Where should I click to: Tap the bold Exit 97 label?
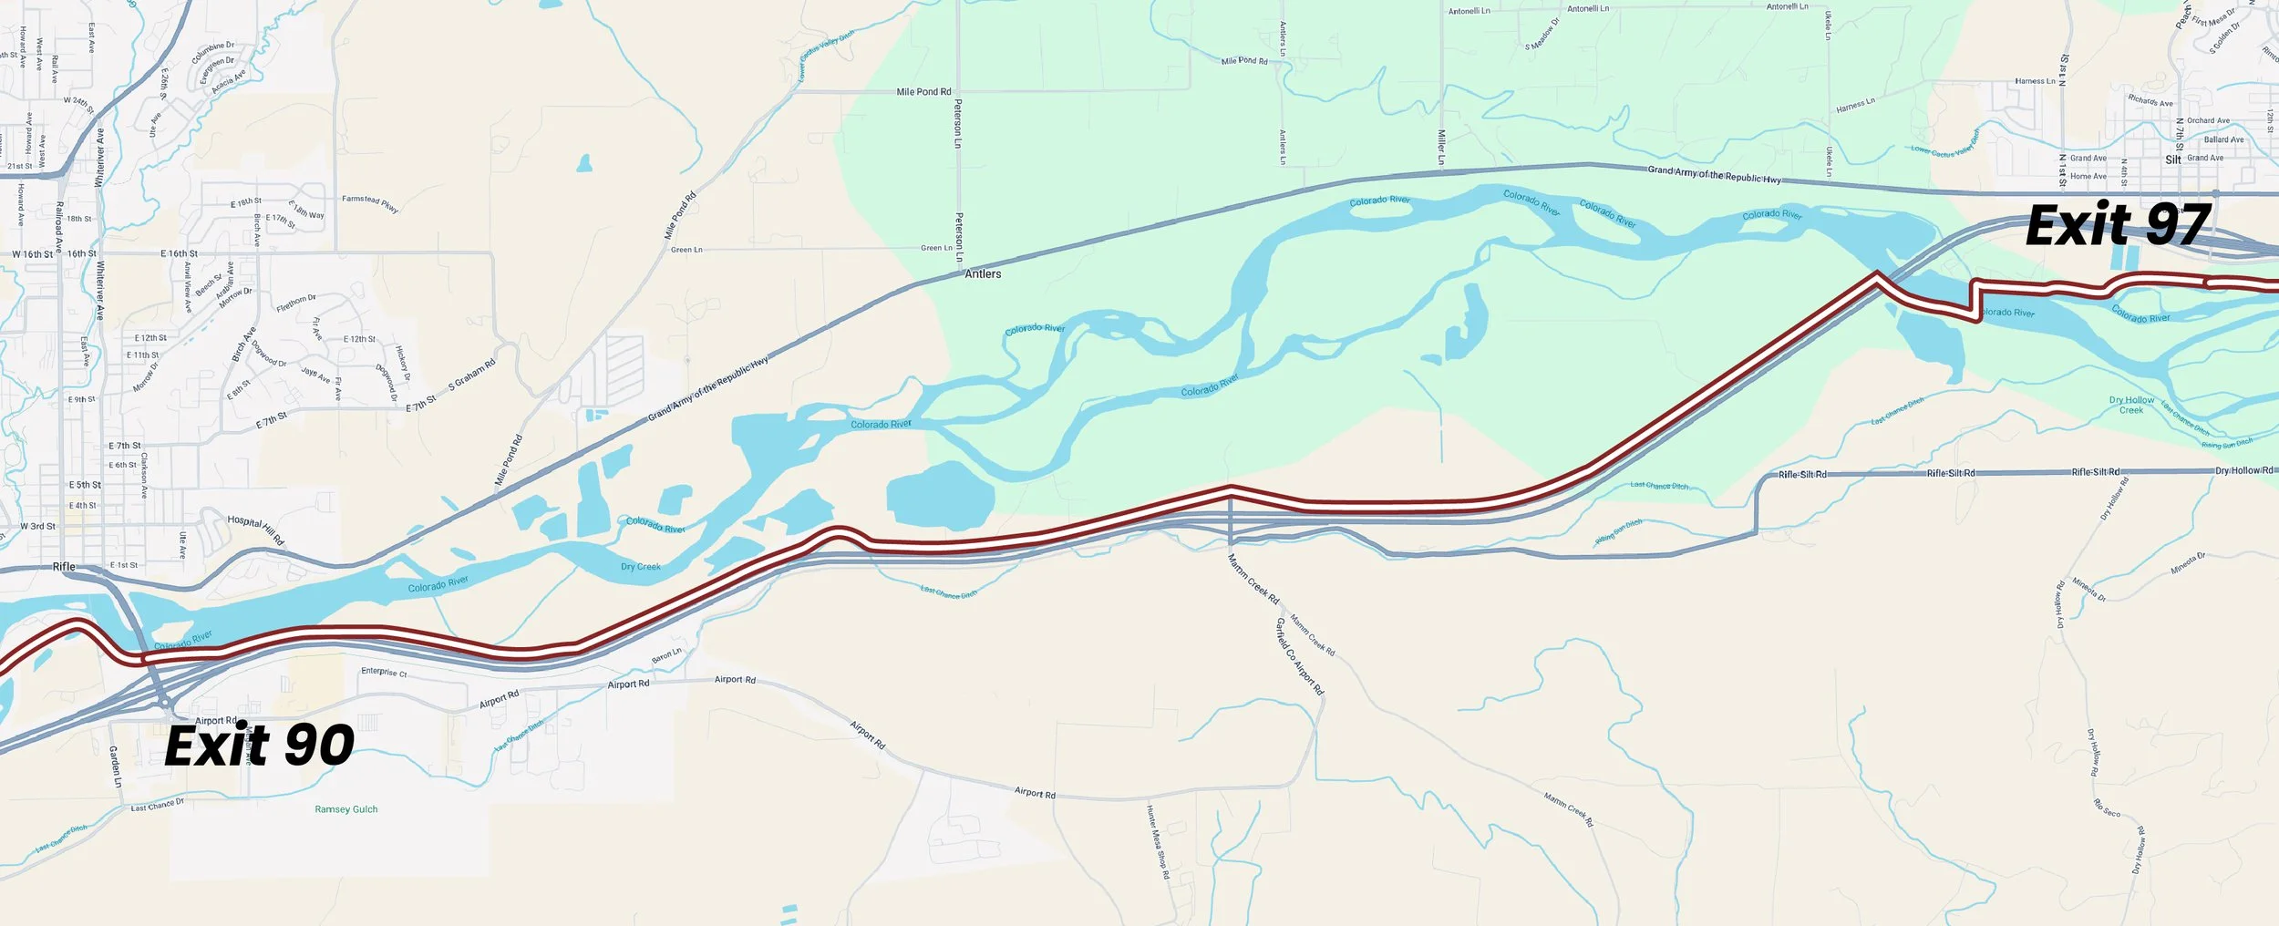[2117, 225]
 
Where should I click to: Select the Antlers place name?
[983, 273]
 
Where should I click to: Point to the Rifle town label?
[64, 566]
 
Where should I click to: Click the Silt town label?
[2173, 159]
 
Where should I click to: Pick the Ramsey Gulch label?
[345, 809]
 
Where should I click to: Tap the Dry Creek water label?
[641, 567]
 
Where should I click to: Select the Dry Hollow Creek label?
[2131, 405]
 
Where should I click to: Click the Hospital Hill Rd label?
[256, 530]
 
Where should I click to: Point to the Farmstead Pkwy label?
[370, 203]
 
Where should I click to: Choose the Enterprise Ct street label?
[384, 672]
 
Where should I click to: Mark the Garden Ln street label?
[115, 767]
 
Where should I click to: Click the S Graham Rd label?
[471, 375]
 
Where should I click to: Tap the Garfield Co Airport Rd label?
[1299, 656]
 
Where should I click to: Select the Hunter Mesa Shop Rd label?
[1158, 841]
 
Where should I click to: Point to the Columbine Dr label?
[212, 51]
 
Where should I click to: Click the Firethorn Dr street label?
[296, 303]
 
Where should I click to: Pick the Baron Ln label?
[666, 655]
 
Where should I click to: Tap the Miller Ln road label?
[1441, 147]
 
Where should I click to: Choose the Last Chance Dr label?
[157, 805]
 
